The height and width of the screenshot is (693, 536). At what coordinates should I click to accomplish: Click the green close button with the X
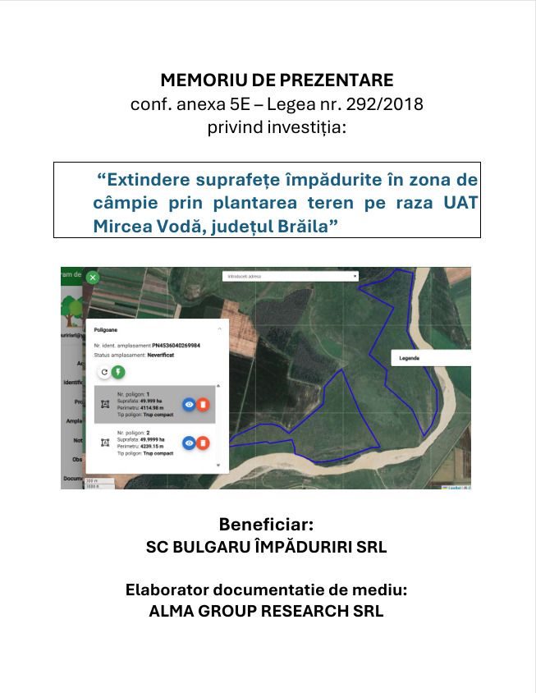(93, 278)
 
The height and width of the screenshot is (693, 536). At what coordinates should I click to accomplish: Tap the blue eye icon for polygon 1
(189, 404)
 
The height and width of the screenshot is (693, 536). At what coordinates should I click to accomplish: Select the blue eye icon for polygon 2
(189, 443)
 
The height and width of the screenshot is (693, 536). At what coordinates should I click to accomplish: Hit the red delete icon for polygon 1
(203, 404)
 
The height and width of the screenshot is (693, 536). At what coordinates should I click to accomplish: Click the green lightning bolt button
(118, 372)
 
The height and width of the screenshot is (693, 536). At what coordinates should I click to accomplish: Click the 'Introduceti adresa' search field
(290, 277)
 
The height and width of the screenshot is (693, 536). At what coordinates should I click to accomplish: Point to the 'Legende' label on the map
(409, 359)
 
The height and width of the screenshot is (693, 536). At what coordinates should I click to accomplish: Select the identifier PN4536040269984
(176, 346)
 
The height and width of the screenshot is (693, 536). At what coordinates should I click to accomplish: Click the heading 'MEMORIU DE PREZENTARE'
(277, 80)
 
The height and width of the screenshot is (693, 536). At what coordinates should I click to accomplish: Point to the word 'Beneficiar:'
(266, 525)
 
